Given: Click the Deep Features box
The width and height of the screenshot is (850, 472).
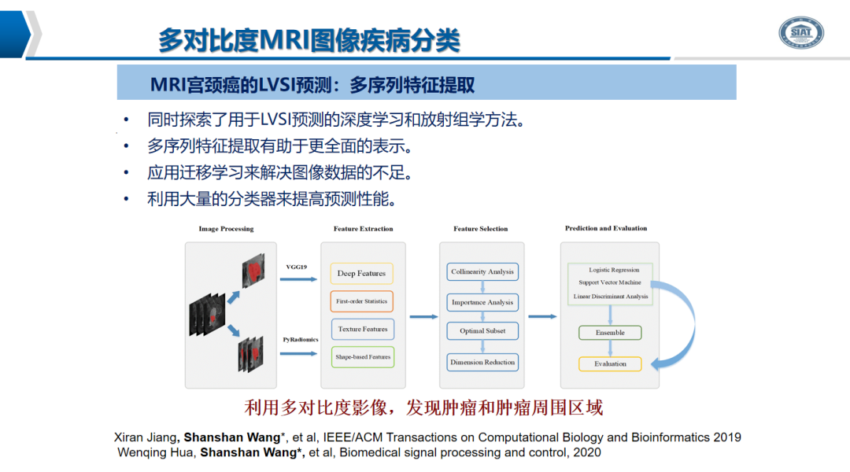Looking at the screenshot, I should [361, 274].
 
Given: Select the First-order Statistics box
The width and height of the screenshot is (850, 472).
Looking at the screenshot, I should [361, 301].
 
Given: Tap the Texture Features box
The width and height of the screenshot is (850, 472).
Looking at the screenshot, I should [362, 329].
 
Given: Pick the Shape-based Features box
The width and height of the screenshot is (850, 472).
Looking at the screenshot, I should [362, 356].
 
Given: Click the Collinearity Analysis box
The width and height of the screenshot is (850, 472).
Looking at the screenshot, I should [482, 272].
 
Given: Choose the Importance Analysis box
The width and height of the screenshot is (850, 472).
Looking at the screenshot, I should [482, 302].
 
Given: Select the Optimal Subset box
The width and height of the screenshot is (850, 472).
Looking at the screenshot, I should [482, 331].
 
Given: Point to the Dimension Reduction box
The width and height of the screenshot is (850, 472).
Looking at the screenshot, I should [482, 363].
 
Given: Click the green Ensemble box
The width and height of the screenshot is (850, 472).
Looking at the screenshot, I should [610, 333].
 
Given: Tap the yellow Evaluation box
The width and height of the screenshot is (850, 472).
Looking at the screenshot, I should [610, 364].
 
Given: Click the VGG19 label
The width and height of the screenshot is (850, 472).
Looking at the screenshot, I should [297, 267].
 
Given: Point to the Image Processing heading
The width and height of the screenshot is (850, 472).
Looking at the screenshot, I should [226, 229].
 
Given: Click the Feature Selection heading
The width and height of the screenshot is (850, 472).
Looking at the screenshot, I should [481, 229].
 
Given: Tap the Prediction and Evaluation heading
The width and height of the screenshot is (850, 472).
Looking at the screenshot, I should [606, 228].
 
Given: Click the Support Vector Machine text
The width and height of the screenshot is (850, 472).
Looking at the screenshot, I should [610, 282].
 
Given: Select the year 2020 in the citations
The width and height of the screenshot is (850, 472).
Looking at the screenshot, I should [587, 452].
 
